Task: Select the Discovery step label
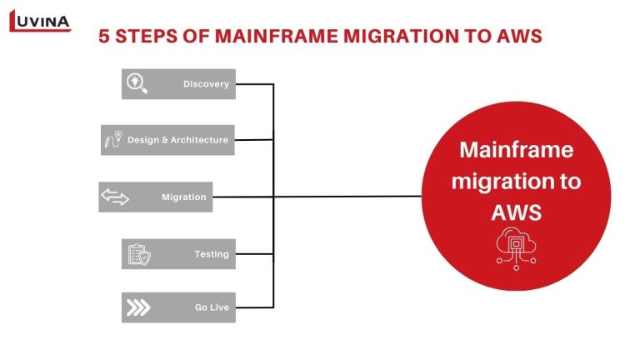coord(206,84)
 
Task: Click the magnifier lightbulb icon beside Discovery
coord(137,83)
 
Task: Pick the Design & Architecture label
coord(177,140)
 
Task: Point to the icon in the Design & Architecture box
coord(112,140)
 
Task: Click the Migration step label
coord(183,197)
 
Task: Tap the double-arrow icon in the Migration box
coord(115,197)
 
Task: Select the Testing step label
coord(212,254)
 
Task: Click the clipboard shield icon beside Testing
coord(137,254)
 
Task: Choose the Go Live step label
coord(212,307)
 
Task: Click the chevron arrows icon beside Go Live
coord(137,307)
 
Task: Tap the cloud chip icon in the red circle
coord(517,247)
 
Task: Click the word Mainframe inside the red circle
coord(517,151)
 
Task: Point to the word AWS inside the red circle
coord(517,212)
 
